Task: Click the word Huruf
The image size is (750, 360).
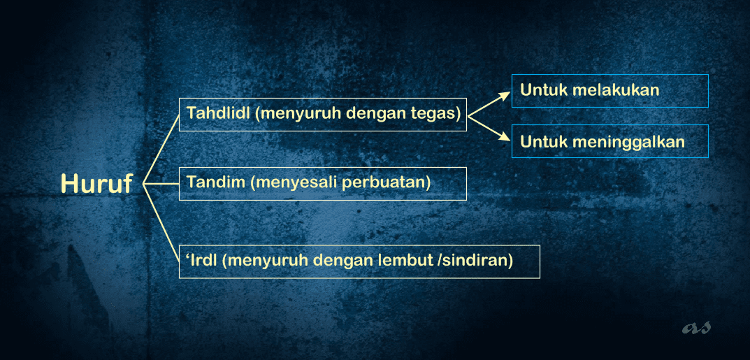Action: pyautogui.click(x=96, y=184)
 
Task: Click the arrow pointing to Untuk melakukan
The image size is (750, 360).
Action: pyautogui.click(x=489, y=104)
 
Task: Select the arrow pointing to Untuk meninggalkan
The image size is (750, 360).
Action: pyautogui.click(x=489, y=129)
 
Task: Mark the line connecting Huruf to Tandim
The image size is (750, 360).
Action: pyautogui.click(x=161, y=184)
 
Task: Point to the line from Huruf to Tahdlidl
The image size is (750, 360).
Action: pyautogui.click(x=161, y=149)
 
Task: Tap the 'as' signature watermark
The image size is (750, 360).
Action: pyautogui.click(x=696, y=327)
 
